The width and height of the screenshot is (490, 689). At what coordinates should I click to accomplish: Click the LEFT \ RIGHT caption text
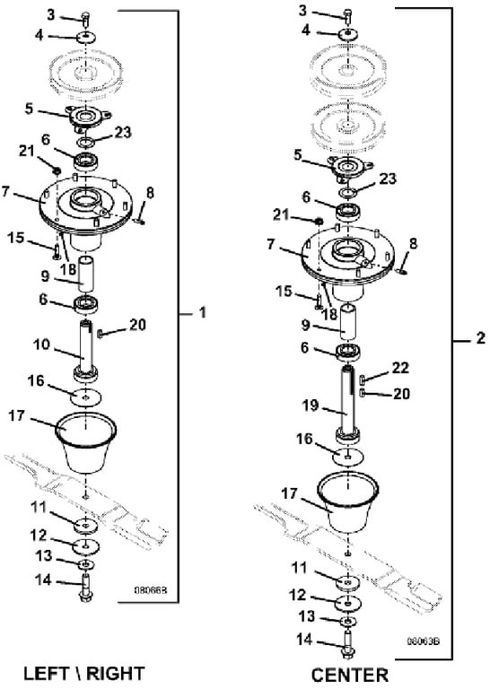(x=83, y=673)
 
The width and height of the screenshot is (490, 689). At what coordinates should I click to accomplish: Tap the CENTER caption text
(x=350, y=675)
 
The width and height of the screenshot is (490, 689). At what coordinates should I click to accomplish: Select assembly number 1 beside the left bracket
(x=202, y=313)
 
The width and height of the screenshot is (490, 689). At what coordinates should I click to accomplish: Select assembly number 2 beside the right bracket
(x=481, y=338)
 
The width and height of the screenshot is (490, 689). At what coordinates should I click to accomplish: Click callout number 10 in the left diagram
(x=42, y=344)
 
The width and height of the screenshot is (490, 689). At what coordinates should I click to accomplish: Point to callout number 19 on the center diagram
(x=311, y=405)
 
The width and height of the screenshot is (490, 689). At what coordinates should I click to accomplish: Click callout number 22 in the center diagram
(x=400, y=368)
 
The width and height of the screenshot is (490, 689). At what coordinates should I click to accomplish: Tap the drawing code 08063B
(x=424, y=641)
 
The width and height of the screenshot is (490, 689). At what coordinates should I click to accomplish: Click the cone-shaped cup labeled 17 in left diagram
(x=86, y=443)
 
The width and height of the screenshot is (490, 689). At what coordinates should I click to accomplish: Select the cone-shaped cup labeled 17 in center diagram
(x=347, y=502)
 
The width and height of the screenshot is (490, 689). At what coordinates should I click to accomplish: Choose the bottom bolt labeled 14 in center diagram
(x=347, y=645)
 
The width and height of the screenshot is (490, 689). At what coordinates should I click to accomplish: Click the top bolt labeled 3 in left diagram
(x=85, y=20)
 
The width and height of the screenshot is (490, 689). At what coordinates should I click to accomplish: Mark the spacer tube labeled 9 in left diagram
(x=87, y=274)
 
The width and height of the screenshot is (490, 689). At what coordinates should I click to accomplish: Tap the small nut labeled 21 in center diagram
(x=319, y=220)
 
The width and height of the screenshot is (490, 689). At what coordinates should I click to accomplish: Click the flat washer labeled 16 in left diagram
(x=85, y=397)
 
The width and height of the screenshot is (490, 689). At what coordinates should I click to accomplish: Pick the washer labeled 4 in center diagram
(x=348, y=33)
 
